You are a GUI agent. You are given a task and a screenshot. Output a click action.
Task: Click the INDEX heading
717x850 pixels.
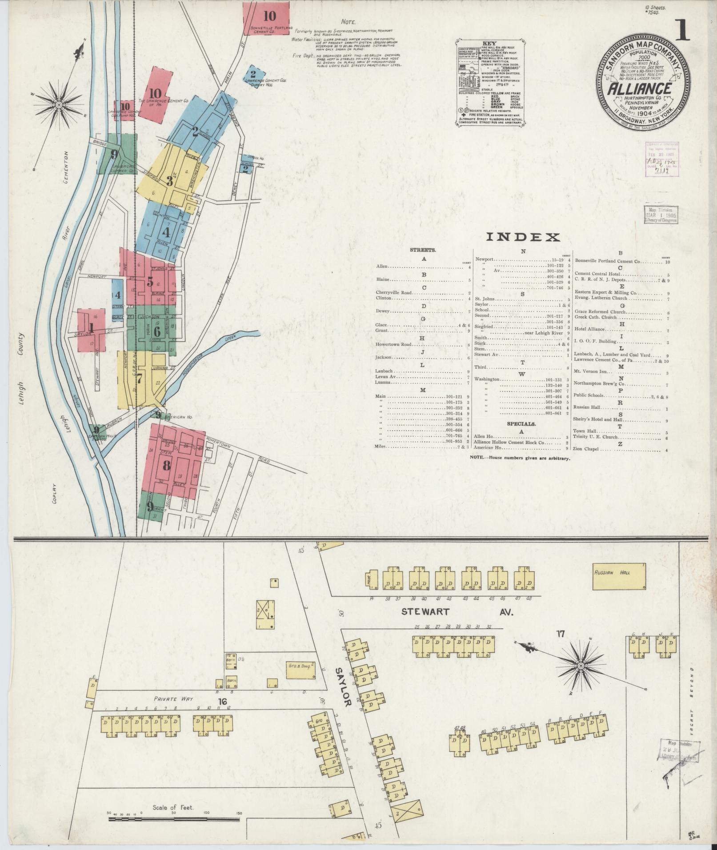click(x=522, y=237)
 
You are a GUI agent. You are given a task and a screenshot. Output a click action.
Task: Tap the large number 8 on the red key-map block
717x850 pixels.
click(x=167, y=466)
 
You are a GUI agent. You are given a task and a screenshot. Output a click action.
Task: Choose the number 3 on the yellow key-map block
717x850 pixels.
click(x=169, y=181)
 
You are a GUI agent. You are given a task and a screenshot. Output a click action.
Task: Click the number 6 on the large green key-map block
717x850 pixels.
click(x=156, y=331)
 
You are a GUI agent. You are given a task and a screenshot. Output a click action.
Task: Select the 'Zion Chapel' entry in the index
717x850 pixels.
click(x=587, y=449)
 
